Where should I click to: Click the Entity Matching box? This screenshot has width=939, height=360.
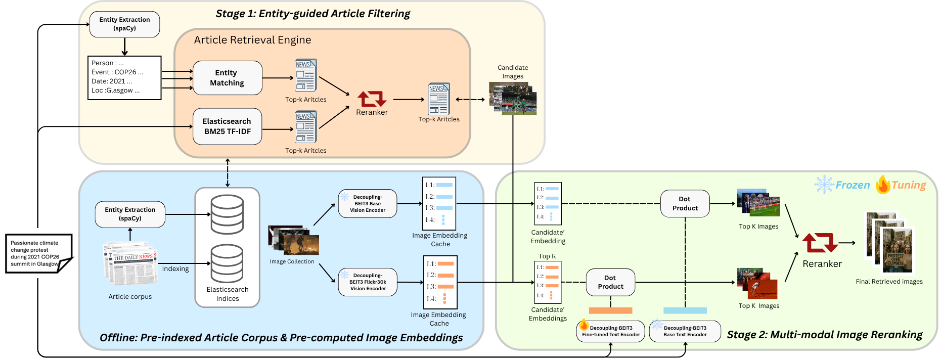pos(227,78)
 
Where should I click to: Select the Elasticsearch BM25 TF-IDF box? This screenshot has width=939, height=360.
pos(227,126)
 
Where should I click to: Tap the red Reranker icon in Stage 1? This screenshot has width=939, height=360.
pos(372,99)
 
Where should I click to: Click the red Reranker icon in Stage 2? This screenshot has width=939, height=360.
pos(820,243)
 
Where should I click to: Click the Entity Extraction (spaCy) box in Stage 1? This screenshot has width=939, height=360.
pos(124,24)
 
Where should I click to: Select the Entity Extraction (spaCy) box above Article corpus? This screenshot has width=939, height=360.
pos(130,214)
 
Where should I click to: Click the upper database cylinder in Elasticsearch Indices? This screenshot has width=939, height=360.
pos(227,214)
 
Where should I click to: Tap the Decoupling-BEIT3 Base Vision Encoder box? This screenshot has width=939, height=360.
pos(368,204)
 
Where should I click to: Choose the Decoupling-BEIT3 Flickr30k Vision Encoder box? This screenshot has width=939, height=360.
pos(368,282)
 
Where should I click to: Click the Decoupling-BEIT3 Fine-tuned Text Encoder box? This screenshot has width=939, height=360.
pos(611,331)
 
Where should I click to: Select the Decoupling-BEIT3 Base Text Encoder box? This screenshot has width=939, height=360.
pos(685,331)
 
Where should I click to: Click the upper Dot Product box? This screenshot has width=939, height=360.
pos(685,204)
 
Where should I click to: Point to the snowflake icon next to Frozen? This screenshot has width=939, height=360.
pos(824,185)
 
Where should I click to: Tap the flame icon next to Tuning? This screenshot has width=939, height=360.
pos(883,185)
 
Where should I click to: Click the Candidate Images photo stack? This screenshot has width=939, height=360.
pos(513,99)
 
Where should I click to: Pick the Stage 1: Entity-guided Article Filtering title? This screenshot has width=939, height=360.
pos(312,14)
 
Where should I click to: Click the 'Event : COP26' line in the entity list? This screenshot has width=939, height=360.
pos(117,72)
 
